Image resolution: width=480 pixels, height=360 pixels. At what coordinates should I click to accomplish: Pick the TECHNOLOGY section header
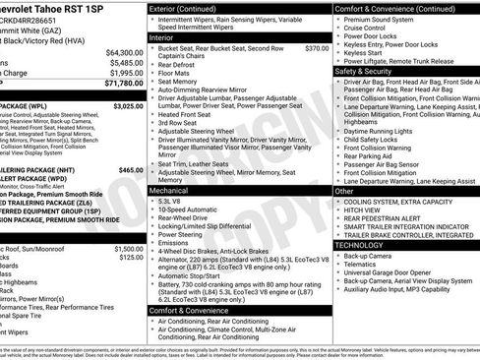(x=366, y=243)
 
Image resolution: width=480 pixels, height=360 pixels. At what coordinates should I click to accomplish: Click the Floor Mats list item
(x=178, y=73)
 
